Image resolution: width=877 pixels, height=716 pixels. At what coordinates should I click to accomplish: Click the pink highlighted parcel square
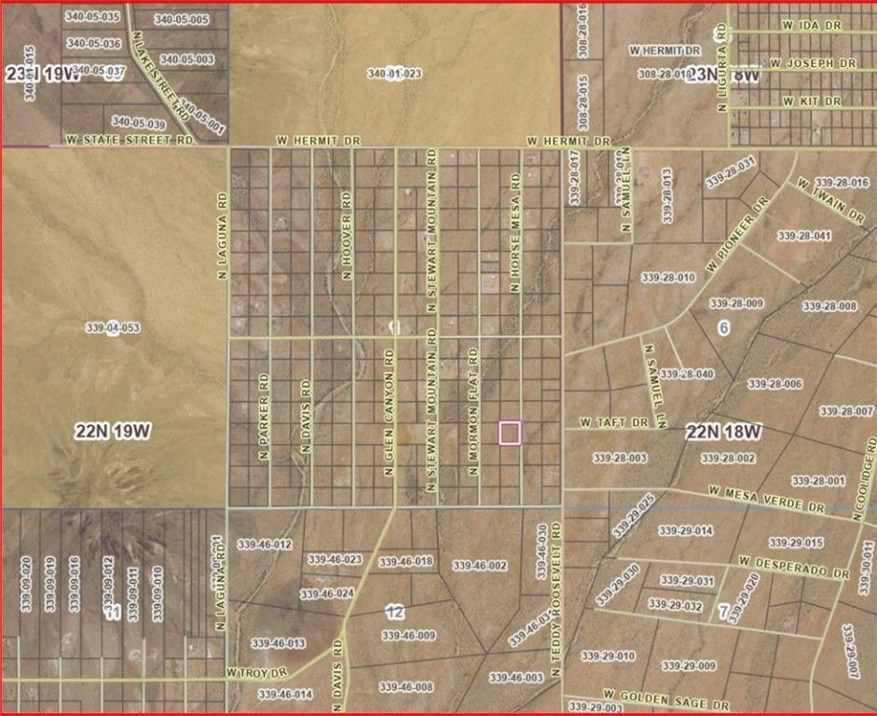510,434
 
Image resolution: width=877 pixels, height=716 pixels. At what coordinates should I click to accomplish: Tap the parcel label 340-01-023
394,74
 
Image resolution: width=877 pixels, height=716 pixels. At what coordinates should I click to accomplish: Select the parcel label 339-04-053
112,328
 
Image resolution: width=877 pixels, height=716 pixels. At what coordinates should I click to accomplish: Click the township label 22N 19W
113,431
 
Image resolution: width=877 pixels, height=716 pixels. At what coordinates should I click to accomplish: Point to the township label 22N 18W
724,432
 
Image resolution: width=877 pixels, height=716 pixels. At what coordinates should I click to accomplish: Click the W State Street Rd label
130,140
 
